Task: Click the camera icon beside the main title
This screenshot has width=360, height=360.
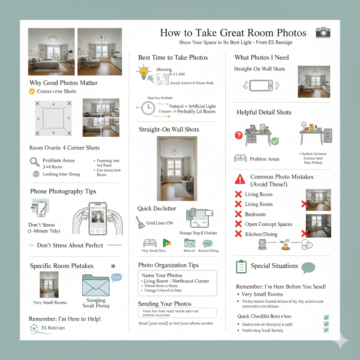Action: coord(323,33)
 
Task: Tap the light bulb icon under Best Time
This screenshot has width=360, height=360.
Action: coord(143,72)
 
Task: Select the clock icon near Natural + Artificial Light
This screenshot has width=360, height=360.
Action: coord(148,108)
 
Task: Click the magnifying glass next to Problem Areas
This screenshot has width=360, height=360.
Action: coord(34,162)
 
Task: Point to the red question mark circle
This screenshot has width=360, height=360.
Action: coord(239,135)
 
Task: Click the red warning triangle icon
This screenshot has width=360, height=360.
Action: coord(240,179)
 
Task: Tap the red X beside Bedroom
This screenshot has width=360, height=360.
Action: coord(238,214)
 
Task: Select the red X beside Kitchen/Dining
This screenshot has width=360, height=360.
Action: coord(238,234)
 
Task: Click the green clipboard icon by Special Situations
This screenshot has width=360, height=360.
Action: coord(241,266)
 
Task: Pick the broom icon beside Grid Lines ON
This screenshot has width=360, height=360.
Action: coord(141,223)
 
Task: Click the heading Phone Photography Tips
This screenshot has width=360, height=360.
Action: coord(63,192)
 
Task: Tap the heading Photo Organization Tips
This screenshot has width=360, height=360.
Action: coord(168,265)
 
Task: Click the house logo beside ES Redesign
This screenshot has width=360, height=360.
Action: coord(34,328)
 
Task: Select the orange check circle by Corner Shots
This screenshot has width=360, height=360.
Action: coord(32,91)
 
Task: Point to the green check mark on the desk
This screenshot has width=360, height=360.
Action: coord(275,141)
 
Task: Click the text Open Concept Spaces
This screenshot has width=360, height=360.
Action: coord(269,224)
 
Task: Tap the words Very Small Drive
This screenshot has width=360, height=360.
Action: coord(154,251)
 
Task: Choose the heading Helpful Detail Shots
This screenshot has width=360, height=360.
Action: coord(264,112)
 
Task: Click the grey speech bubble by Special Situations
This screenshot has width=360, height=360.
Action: coord(308,267)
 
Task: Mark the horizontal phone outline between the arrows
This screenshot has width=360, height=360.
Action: coord(261,85)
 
